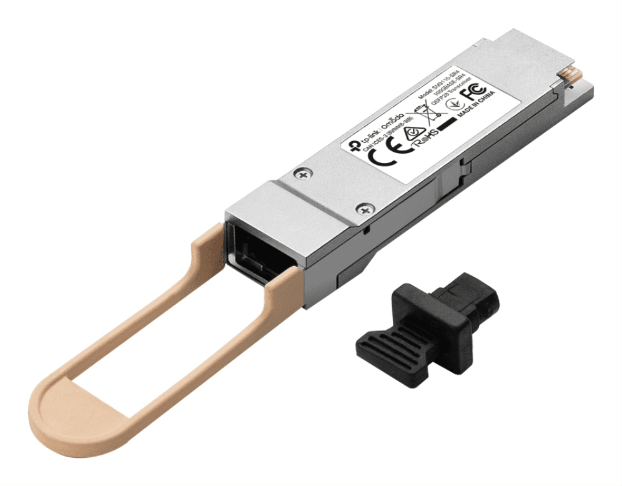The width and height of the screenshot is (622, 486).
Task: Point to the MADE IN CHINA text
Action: (476, 104)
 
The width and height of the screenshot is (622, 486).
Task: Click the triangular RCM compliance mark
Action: (414, 132)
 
